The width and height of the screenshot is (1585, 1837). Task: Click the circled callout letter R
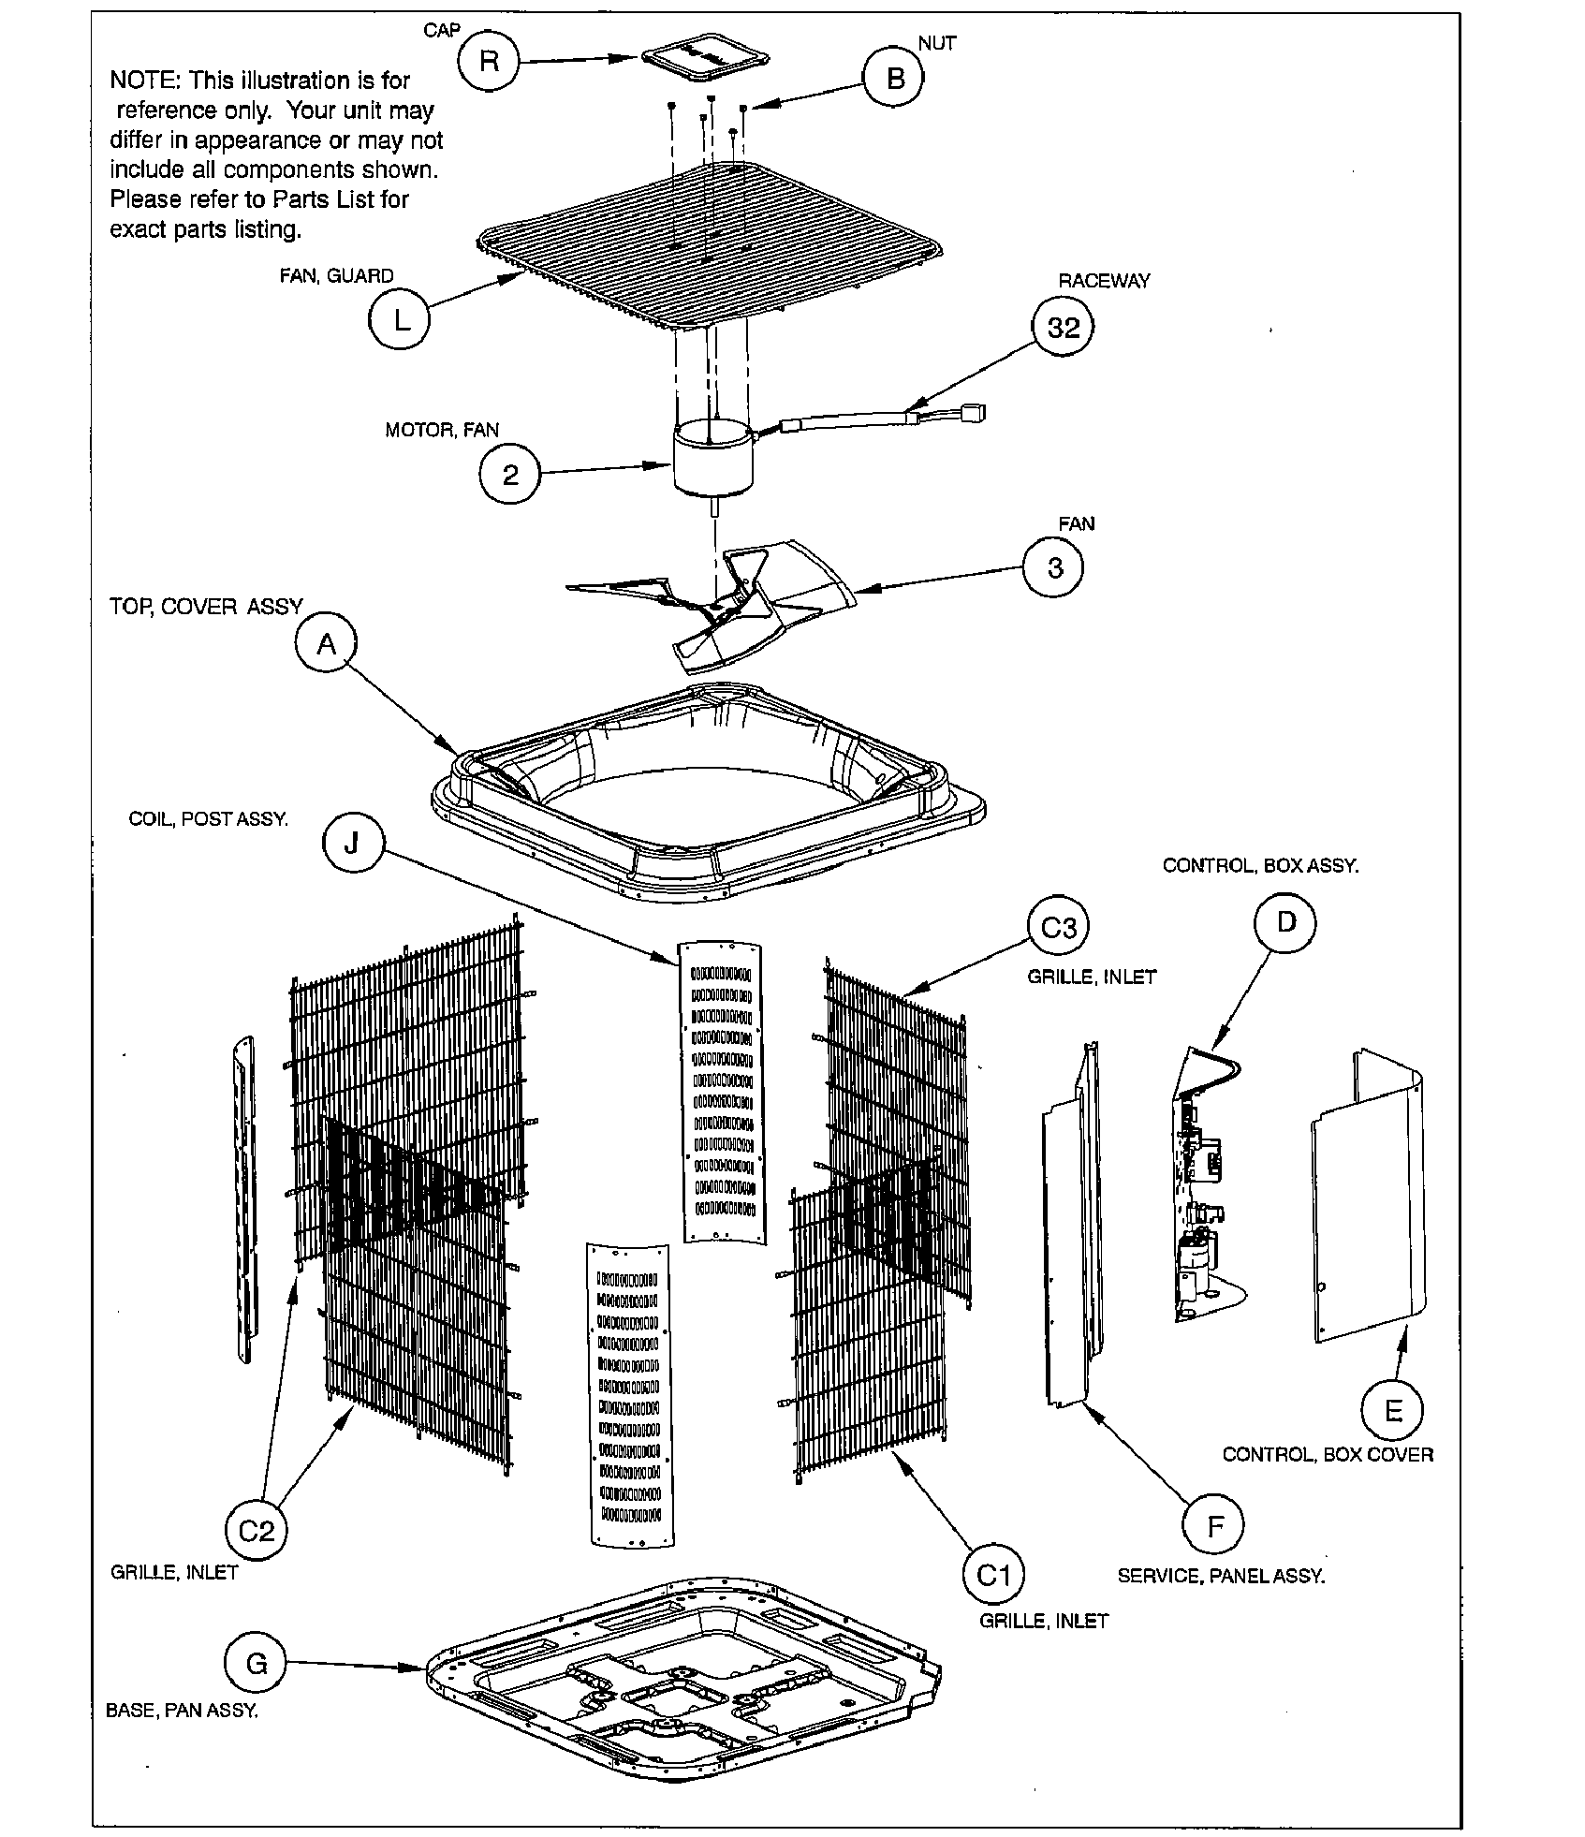pyautogui.click(x=489, y=62)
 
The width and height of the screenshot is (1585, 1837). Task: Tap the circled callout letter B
pyautogui.click(x=894, y=80)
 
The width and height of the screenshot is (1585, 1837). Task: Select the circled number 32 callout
pyautogui.click(x=1063, y=328)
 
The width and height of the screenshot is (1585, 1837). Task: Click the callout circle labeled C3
pyautogui.click(x=1058, y=928)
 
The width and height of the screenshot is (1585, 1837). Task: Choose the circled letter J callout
pyautogui.click(x=352, y=845)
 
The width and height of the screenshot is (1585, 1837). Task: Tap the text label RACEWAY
pyautogui.click(x=1104, y=280)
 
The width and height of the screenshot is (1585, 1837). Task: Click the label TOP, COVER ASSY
pyautogui.click(x=206, y=607)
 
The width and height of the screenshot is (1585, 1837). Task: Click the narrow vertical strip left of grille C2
pyautogui.click(x=244, y=1198)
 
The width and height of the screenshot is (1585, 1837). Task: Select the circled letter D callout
pyautogui.click(x=1285, y=922)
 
